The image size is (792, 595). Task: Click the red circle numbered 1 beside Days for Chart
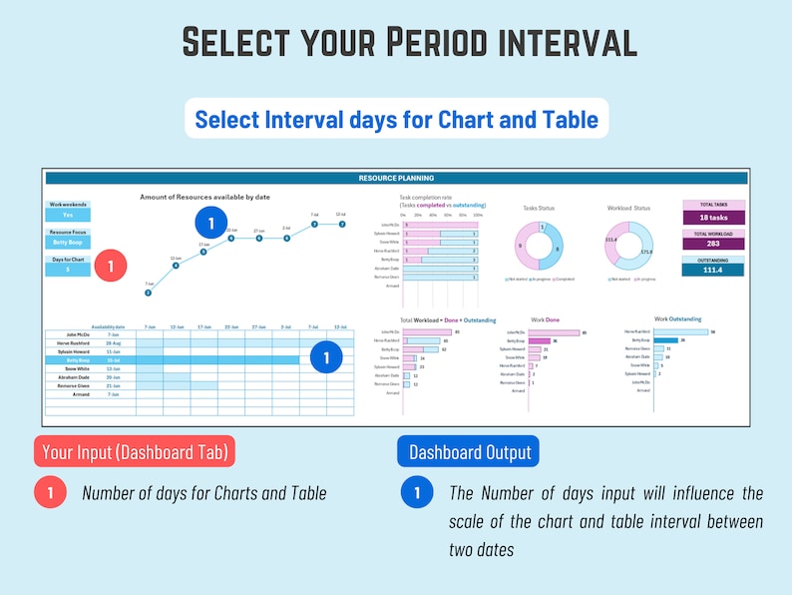point(111,267)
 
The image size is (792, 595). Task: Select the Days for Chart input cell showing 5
point(68,270)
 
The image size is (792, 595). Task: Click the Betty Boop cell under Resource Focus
point(68,242)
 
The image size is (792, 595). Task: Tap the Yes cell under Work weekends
point(68,215)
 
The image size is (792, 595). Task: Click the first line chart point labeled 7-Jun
point(148,293)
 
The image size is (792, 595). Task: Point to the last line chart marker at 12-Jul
point(341,224)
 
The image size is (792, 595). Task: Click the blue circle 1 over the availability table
point(325,357)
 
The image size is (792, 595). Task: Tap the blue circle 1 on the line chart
point(210,223)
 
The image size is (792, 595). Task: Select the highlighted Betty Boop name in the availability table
point(79,360)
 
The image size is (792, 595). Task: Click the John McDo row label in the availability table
point(79,334)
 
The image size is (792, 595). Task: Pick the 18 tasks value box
point(713,217)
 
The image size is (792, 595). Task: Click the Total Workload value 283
point(713,243)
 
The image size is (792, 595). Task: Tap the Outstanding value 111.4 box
point(713,270)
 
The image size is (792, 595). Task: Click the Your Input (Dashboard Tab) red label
point(135,452)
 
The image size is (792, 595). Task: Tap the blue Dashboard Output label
point(469,452)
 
